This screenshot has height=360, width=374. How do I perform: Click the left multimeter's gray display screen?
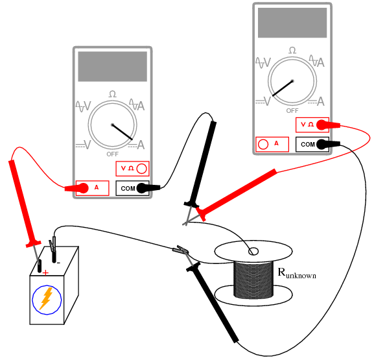(x=111, y=66)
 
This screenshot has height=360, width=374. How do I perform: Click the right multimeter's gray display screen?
(x=292, y=23)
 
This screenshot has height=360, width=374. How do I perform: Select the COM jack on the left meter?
(x=132, y=188)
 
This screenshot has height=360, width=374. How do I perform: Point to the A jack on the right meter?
(x=272, y=144)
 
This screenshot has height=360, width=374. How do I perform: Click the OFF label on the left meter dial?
(x=113, y=154)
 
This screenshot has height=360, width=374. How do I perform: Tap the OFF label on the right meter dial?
(x=292, y=110)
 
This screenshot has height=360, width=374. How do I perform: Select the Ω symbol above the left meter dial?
(x=112, y=95)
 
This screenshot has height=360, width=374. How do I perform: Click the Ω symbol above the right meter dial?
(x=292, y=51)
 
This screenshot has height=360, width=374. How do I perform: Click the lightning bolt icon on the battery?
(x=46, y=299)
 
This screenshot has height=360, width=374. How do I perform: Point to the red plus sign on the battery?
(x=45, y=273)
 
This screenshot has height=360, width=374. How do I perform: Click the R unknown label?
(x=297, y=273)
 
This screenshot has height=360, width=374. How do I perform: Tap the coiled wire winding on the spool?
(x=253, y=279)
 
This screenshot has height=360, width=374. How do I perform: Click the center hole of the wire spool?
(x=253, y=251)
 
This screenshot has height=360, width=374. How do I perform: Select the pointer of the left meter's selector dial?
(x=123, y=132)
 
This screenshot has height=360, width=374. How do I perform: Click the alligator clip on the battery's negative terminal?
(x=53, y=246)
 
